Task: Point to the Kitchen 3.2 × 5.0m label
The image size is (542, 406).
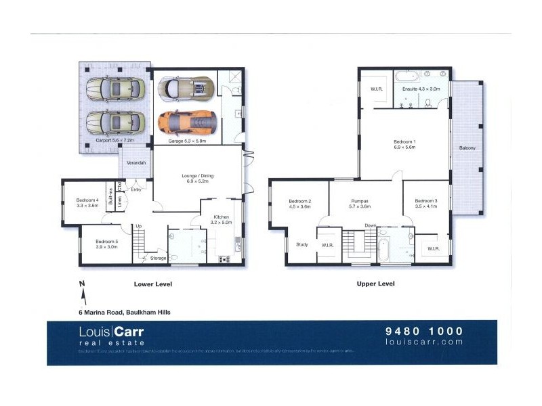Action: (221, 218)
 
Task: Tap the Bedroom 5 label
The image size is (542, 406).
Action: (106, 244)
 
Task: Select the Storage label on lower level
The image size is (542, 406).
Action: (158, 258)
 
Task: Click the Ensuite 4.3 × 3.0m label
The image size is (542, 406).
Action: (421, 89)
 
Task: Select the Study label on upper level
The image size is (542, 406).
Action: (301, 245)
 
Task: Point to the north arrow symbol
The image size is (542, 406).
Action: (83, 292)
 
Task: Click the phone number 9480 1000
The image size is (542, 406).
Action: (423, 331)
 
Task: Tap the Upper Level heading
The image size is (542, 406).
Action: (375, 284)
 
